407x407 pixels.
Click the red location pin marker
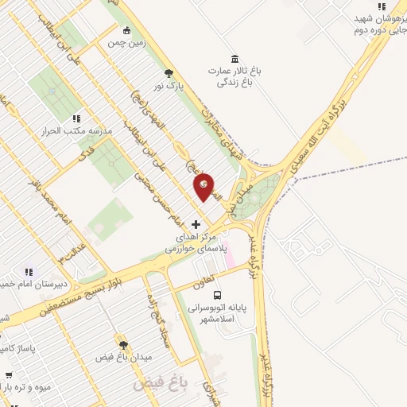[x=204, y=187]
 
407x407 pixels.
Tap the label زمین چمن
[x=130, y=47]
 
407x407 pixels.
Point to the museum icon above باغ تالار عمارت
[x=234, y=58]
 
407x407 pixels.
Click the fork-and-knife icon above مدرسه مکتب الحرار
[x=76, y=118]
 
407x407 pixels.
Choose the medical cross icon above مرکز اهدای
[x=196, y=225]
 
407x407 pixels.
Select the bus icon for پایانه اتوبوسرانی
[x=218, y=296]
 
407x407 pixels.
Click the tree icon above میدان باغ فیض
[x=122, y=344]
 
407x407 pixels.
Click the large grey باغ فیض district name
[x=159, y=383]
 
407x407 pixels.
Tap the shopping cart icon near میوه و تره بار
[x=8, y=375]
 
